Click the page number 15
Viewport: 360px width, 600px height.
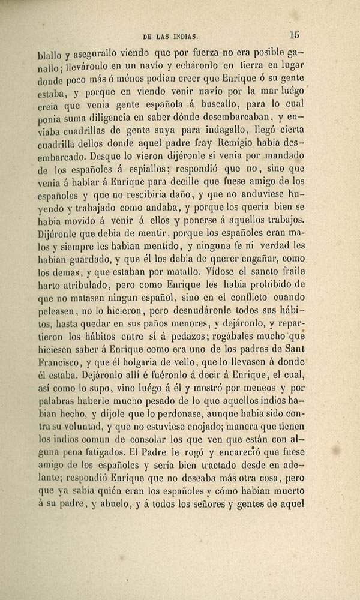pos(294,35)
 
